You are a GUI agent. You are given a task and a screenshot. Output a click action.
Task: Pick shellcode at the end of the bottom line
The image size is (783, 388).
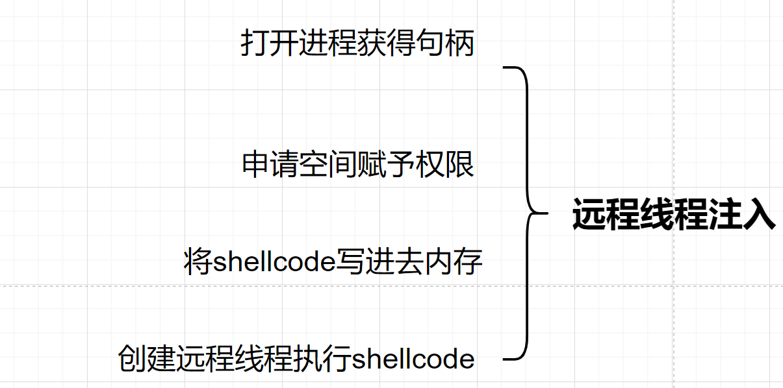point(413,358)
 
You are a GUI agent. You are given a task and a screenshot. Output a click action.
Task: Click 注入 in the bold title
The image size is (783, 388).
point(750,215)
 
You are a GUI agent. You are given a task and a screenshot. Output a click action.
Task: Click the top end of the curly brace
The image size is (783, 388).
point(506,67)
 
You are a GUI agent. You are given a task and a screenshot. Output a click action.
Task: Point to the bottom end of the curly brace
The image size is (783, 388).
point(506,359)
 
